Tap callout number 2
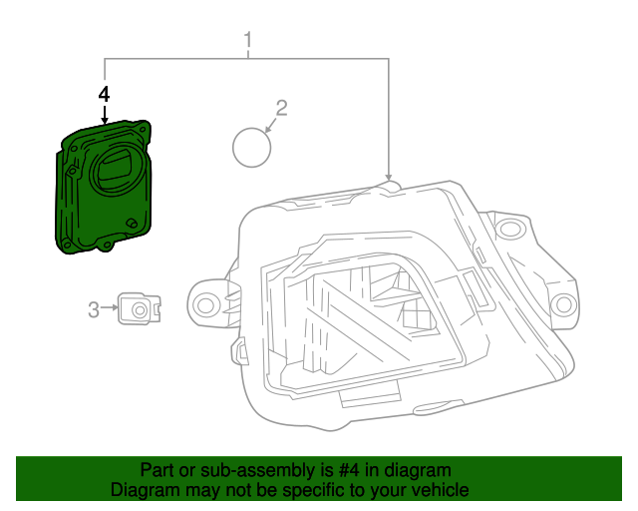[281, 108]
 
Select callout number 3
[94, 310]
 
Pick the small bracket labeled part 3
[140, 309]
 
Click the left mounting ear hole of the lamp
[207, 303]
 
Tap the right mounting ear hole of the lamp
[564, 303]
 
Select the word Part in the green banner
[158, 470]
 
